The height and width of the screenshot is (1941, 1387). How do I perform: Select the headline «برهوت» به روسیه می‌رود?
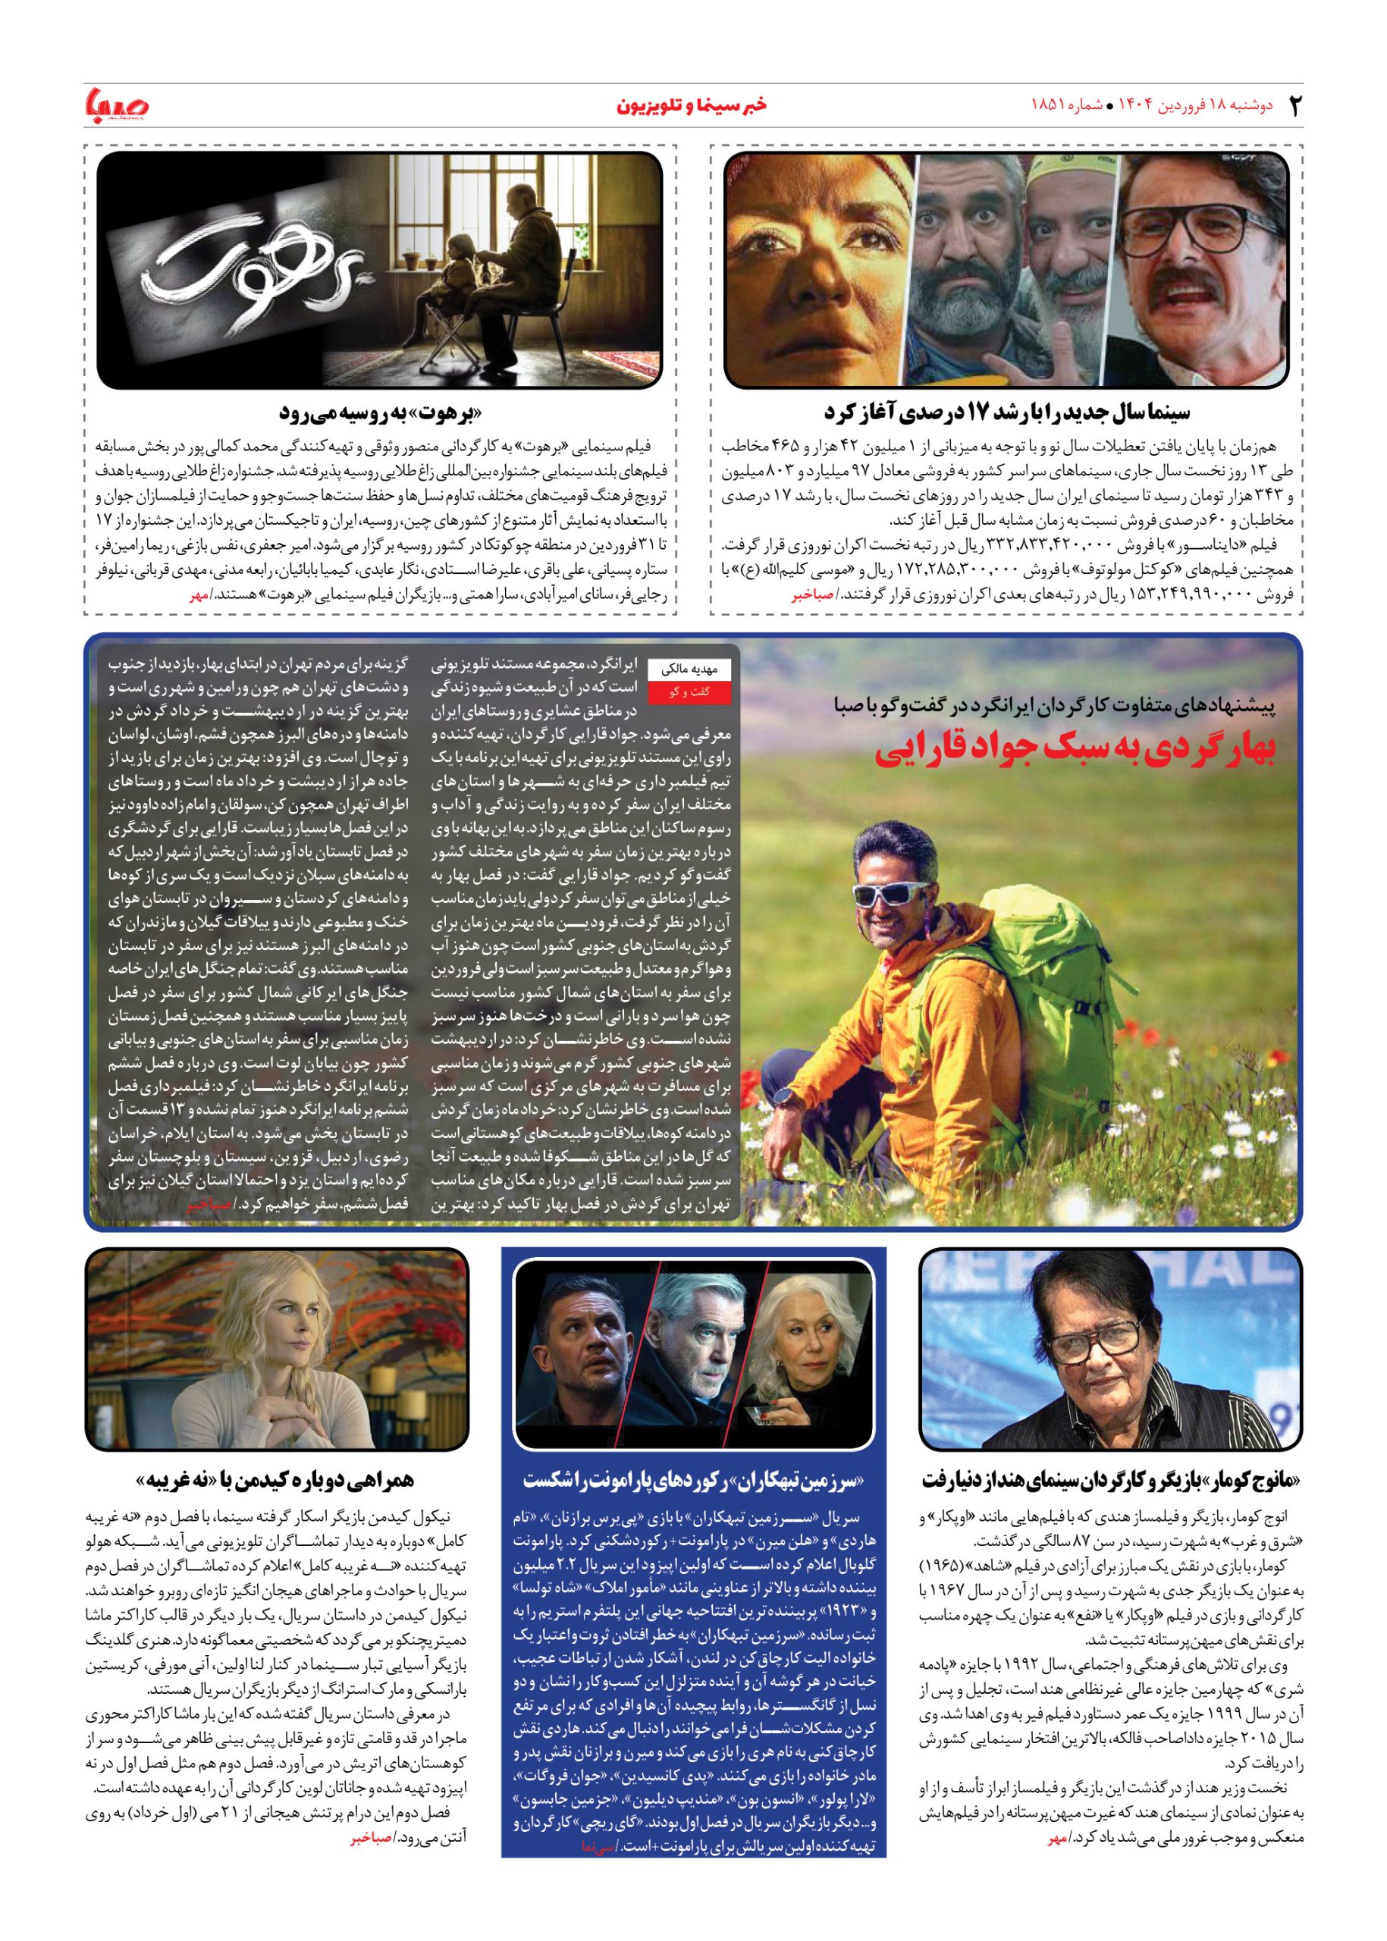point(381,413)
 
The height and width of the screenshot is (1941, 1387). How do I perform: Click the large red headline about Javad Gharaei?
point(1075,749)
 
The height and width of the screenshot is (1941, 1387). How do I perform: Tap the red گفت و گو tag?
point(690,691)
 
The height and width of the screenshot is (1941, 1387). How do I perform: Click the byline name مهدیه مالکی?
point(690,670)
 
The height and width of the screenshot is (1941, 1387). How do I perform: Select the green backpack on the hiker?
point(1042,956)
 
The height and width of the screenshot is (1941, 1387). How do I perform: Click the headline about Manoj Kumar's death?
point(1111,1479)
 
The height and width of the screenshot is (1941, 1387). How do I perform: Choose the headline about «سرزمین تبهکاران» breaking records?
point(693,1479)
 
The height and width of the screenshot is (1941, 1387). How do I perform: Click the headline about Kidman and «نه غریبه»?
point(275,1479)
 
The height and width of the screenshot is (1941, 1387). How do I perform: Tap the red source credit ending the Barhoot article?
point(199,595)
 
